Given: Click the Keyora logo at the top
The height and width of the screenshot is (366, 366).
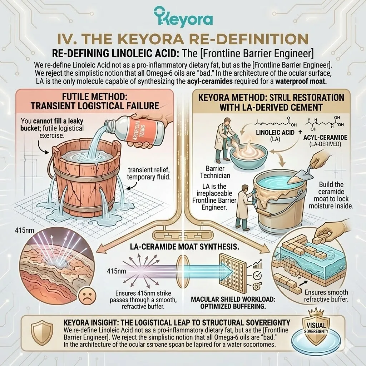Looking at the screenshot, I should (183, 17).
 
